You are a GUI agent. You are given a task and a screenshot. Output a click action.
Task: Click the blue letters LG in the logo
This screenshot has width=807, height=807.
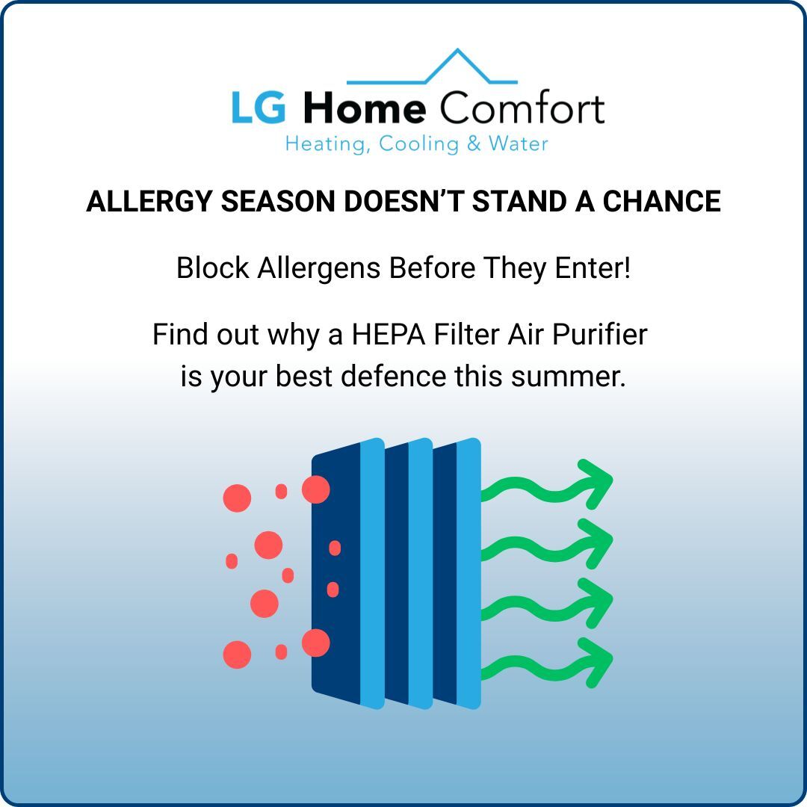(258, 109)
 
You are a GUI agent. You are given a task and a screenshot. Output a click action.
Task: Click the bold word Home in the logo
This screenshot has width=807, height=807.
(365, 109)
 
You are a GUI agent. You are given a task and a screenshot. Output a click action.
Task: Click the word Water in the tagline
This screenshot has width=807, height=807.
(519, 143)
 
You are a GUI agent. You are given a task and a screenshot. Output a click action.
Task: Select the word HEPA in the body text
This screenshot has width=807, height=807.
(389, 334)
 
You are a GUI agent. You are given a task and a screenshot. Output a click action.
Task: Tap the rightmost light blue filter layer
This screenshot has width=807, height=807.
(469, 572)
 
